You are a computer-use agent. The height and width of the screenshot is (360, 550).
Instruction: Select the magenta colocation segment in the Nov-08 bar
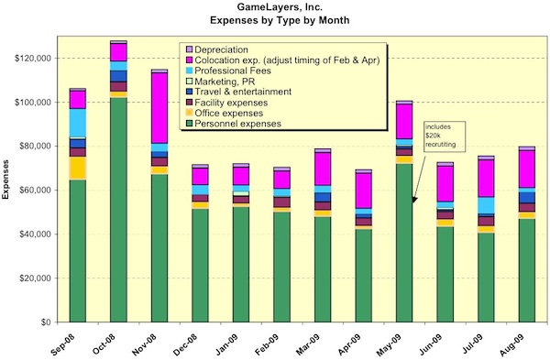pyautogui.click(x=159, y=107)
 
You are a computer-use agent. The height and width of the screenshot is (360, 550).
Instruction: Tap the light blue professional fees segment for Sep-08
pyautogui.click(x=77, y=122)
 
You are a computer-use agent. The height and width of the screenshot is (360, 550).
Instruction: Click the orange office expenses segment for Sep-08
pyautogui.click(x=77, y=169)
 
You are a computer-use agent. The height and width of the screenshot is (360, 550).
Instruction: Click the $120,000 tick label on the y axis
pyautogui.click(x=36, y=58)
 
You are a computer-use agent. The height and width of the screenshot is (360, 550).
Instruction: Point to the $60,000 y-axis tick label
pyautogui.click(x=38, y=191)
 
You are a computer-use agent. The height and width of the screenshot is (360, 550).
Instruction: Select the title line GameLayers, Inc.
pyautogui.click(x=276, y=8)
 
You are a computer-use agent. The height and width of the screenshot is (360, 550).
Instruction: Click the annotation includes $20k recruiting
pyautogui.click(x=437, y=137)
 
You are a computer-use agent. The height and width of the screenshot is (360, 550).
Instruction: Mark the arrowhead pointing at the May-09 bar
pyautogui.click(x=415, y=197)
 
